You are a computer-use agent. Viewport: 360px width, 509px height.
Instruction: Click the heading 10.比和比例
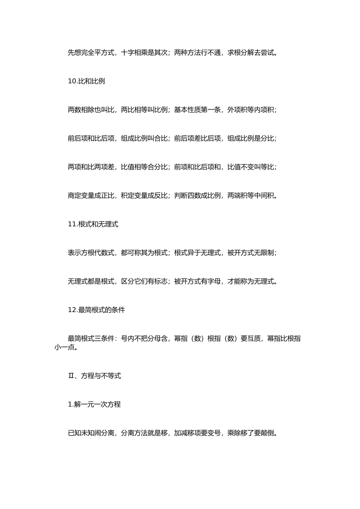pyautogui.click(x=86, y=81)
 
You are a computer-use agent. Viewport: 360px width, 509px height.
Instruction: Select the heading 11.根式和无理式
pyautogui.click(x=93, y=224)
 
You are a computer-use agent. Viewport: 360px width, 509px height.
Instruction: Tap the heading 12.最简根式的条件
pyautogui.click(x=96, y=310)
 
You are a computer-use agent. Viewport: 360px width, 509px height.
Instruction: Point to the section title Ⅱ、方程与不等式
pyautogui.click(x=94, y=376)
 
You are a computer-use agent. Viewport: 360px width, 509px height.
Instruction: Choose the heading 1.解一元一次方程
pyautogui.click(x=94, y=404)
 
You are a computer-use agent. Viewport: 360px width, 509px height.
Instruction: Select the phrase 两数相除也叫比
pyautogui.click(x=91, y=110)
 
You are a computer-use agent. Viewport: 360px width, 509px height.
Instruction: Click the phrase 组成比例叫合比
pyautogui.click(x=144, y=139)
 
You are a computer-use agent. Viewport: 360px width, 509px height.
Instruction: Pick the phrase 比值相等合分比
pyautogui.click(x=144, y=167)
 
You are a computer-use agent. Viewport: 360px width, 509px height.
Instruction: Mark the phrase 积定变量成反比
pyautogui.click(x=144, y=196)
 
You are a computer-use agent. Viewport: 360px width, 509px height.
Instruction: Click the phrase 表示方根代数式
pyautogui.click(x=91, y=253)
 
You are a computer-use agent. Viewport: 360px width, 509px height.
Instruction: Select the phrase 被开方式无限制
pyautogui.click(x=250, y=253)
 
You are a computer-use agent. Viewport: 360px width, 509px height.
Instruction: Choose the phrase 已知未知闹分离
pyautogui.click(x=91, y=433)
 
